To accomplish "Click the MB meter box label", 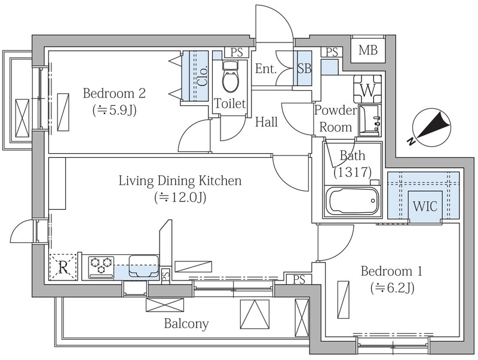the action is pyautogui.click(x=368, y=50).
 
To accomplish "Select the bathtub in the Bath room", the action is pyautogui.click(x=352, y=202).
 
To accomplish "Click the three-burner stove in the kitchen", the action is pyautogui.click(x=101, y=267).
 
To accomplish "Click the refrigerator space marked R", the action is pyautogui.click(x=63, y=267).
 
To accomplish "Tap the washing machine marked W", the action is pyautogui.click(x=367, y=89).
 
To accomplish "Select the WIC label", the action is pyautogui.click(x=425, y=206).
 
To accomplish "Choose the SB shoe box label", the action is pyautogui.click(x=304, y=69).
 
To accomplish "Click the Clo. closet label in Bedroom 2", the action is pyautogui.click(x=203, y=76).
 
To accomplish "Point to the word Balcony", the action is pyautogui.click(x=186, y=324).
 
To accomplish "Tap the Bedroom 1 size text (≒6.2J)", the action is pyautogui.click(x=393, y=288).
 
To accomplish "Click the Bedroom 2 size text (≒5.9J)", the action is pyautogui.click(x=114, y=110).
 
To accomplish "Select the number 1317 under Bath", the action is pyautogui.click(x=353, y=172).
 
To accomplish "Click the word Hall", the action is pyautogui.click(x=266, y=122).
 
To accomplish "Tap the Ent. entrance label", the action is pyautogui.click(x=265, y=69).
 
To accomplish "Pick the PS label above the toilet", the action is pyautogui.click(x=237, y=53).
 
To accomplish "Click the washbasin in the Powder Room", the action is pyautogui.click(x=369, y=121).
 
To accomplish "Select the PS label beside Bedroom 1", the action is pyautogui.click(x=299, y=279).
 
